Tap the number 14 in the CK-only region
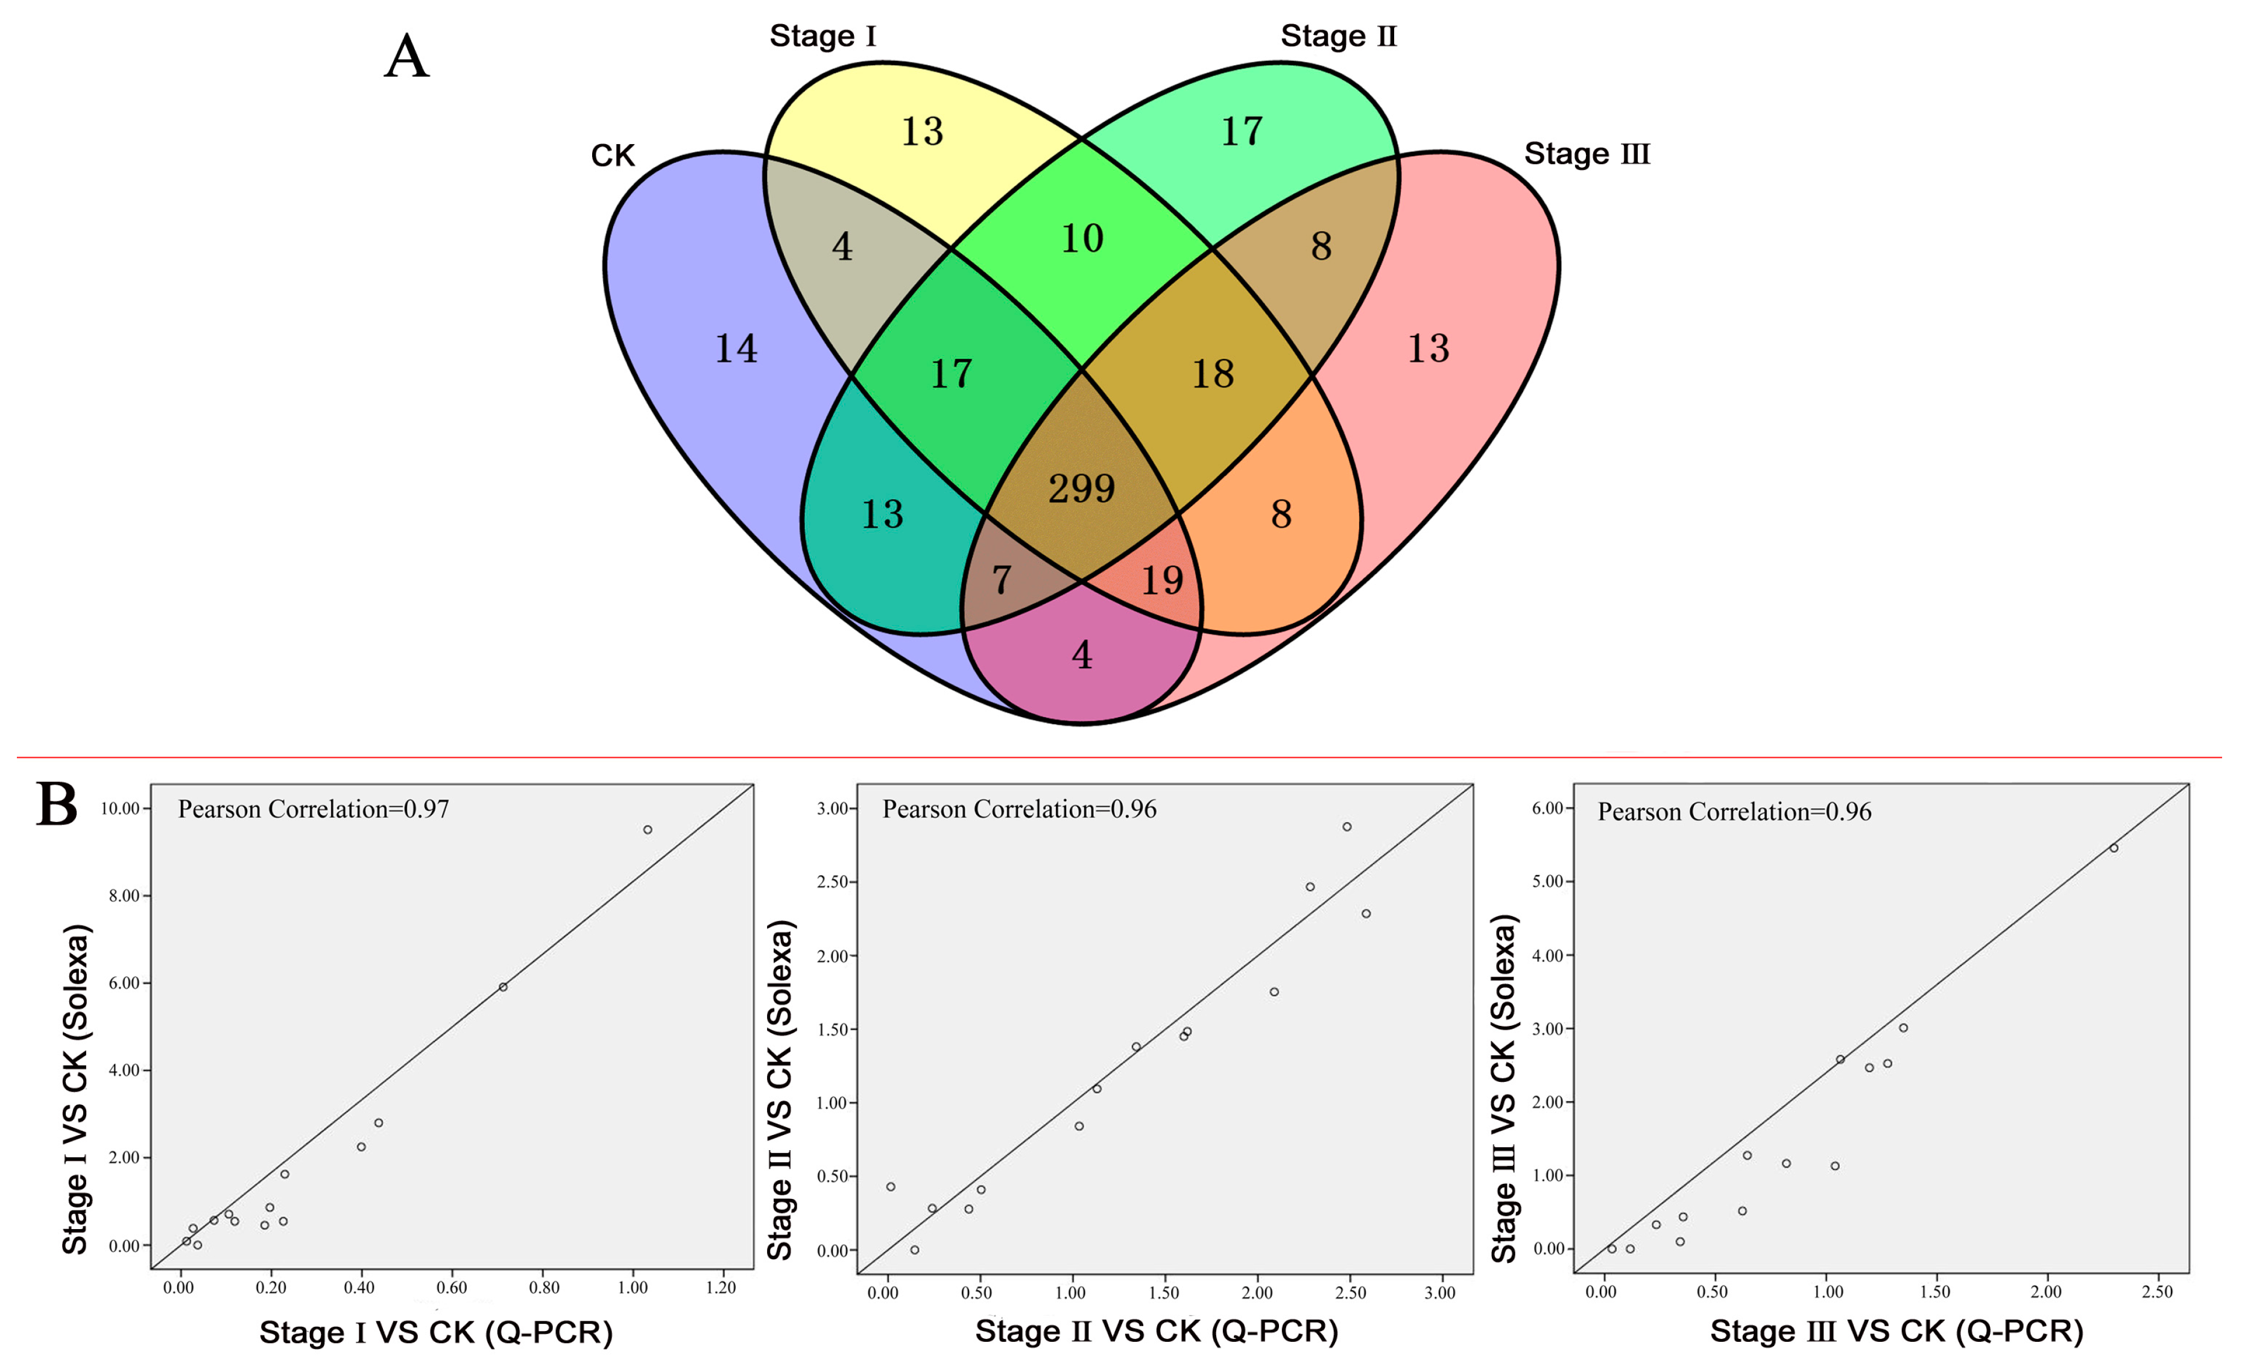click(x=736, y=349)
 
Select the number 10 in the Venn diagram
click(x=1082, y=238)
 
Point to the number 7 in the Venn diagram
click(x=1001, y=580)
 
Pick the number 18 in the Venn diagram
click(x=1213, y=374)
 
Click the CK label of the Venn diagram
click(x=613, y=156)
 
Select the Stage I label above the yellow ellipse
click(x=823, y=36)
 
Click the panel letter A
click(x=406, y=57)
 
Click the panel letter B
click(x=57, y=805)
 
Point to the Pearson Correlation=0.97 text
click(x=313, y=809)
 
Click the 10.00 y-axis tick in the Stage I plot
click(x=120, y=808)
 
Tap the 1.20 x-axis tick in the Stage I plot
click(x=721, y=1288)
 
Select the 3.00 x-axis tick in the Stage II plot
click(x=1439, y=1292)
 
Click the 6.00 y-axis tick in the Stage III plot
click(x=1547, y=808)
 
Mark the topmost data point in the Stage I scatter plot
click(x=648, y=830)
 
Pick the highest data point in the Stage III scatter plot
click(x=2114, y=848)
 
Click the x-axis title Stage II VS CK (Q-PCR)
click(x=1157, y=1330)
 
